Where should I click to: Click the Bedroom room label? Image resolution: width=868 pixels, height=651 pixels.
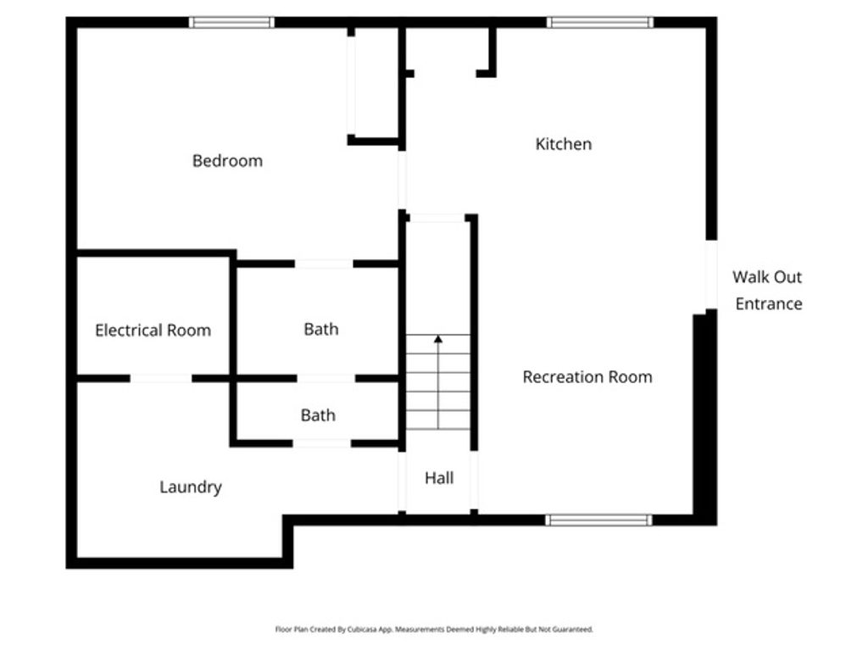click(227, 161)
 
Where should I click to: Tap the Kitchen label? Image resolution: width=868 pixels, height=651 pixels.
click(564, 144)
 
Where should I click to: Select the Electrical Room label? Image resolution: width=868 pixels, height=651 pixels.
click(153, 331)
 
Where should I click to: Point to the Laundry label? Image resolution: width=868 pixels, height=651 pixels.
click(191, 487)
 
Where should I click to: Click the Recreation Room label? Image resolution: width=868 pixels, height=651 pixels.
click(587, 377)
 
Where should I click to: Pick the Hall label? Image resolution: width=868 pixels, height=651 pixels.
click(439, 478)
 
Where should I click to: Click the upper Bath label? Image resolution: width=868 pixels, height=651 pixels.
click(321, 329)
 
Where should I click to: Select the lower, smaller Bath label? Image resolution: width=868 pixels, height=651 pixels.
click(318, 415)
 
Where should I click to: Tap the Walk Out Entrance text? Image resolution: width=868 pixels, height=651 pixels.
click(768, 290)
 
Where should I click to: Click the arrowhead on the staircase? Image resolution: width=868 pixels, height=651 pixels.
click(438, 339)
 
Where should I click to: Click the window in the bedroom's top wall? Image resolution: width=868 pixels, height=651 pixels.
click(231, 22)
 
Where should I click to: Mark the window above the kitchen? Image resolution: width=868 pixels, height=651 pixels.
click(600, 22)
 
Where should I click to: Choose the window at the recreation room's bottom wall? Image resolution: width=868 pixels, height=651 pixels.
click(598, 520)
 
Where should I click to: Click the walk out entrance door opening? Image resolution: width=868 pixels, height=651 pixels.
click(711, 275)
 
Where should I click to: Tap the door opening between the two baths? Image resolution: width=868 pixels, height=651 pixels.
click(325, 378)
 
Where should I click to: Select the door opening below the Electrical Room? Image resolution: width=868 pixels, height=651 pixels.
click(161, 378)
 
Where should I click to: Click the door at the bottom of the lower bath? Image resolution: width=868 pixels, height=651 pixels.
click(322, 443)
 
